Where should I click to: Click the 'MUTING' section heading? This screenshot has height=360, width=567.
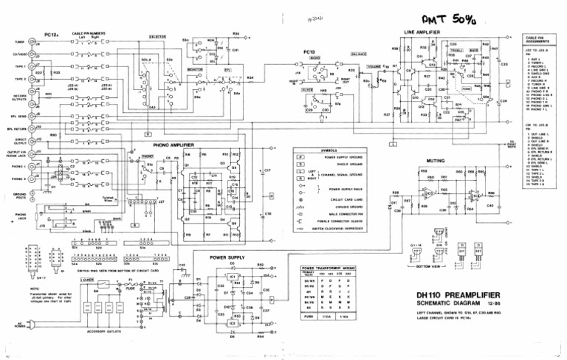436,160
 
